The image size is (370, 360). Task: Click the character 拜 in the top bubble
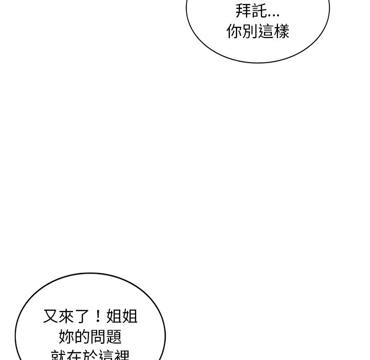[244, 10]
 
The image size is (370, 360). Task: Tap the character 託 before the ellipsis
[260, 10]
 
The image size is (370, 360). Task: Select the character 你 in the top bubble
[234, 31]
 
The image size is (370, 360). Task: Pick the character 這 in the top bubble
[266, 31]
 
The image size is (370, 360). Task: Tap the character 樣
[282, 31]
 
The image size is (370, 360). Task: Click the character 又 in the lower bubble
[51, 316]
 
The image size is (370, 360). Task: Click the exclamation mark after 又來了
[99, 316]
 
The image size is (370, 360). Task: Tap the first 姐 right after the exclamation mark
[114, 316]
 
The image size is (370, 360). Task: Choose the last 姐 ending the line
[130, 316]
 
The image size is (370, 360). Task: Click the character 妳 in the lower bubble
[67, 337]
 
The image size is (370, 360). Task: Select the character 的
[83, 337]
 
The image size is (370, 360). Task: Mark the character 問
[99, 337]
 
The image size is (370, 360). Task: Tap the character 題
[115, 337]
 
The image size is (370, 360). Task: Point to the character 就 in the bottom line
[59, 355]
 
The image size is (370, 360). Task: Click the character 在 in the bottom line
[75, 355]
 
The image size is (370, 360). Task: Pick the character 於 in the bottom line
[91, 355]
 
